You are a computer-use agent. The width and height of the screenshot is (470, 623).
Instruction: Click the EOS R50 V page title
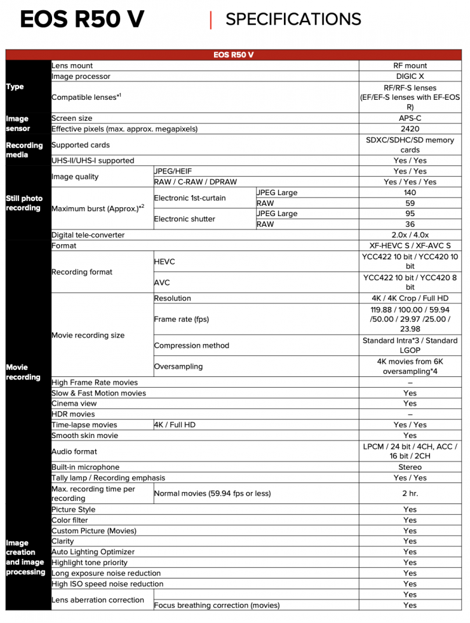(x=82, y=20)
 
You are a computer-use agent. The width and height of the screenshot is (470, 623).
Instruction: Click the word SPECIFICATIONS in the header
(x=293, y=20)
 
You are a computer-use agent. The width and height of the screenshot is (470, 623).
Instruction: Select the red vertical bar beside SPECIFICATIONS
(x=211, y=20)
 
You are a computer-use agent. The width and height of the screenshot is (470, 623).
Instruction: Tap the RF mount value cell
(x=410, y=65)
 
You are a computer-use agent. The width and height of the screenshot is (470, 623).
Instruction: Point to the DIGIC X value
(x=410, y=76)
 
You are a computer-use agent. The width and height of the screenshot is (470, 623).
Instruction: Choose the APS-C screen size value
(x=410, y=118)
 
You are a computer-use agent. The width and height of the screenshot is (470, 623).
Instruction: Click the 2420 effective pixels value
(x=410, y=129)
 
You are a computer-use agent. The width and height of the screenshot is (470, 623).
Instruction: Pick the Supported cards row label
(x=81, y=145)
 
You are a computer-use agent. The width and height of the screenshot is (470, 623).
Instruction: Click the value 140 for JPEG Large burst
(x=410, y=193)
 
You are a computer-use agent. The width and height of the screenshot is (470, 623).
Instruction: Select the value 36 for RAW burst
(x=410, y=224)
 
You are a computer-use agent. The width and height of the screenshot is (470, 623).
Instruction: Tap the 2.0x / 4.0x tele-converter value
(x=410, y=235)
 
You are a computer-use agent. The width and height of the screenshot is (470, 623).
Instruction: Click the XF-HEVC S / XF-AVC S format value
(x=410, y=245)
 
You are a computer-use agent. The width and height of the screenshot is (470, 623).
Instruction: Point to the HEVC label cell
(x=164, y=261)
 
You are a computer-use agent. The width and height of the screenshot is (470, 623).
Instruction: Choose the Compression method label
(x=191, y=346)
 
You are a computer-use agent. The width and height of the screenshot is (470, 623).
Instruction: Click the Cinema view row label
(x=74, y=404)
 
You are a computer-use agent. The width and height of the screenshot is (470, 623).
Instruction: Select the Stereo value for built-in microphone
(x=410, y=467)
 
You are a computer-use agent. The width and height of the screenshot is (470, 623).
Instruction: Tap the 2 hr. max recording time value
(x=410, y=493)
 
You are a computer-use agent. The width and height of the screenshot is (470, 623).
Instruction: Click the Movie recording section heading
(x=23, y=372)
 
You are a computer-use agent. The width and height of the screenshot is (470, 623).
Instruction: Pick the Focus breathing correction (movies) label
(x=217, y=605)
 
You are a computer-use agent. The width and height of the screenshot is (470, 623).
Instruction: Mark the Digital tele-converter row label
(x=88, y=235)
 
